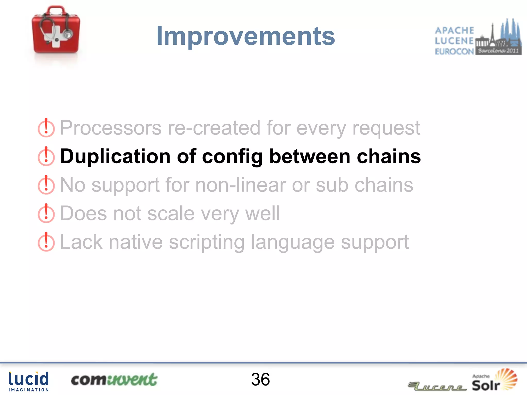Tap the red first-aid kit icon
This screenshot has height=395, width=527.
(56, 30)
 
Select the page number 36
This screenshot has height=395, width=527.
(260, 380)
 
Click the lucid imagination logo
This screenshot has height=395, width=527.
(28, 381)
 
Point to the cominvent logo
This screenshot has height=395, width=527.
(114, 380)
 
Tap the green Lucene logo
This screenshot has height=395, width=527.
(437, 386)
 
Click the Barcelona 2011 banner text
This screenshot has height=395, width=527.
(498, 51)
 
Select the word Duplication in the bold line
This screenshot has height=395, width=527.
(115, 156)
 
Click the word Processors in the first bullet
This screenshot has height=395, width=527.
(111, 128)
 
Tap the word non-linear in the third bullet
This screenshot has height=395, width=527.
(240, 185)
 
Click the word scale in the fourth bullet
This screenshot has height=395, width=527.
(171, 214)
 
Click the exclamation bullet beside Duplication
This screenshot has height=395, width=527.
(46, 156)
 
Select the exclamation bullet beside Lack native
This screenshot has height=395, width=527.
(46, 242)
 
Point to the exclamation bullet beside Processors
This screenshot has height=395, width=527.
(46, 128)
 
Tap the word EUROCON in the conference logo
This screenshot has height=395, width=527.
(454, 51)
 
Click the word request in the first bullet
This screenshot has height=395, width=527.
(386, 128)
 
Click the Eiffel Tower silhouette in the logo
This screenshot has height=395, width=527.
(492, 33)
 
